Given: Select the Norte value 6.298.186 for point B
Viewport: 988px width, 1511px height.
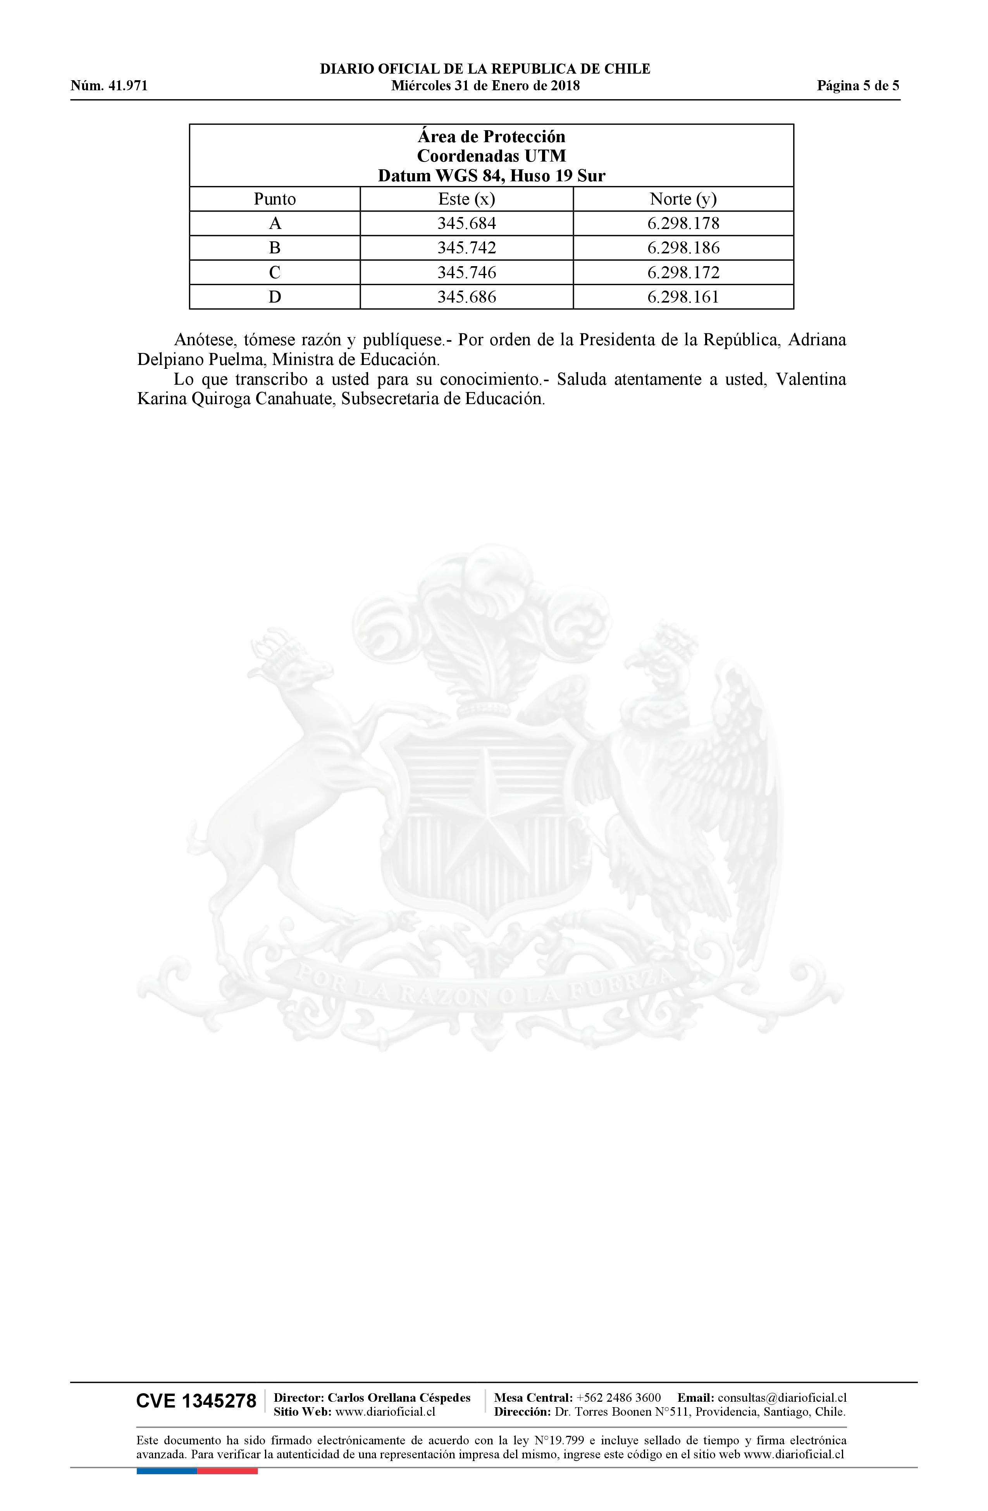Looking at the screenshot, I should point(683,248).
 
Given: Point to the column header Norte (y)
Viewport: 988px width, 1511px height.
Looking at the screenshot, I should point(683,200).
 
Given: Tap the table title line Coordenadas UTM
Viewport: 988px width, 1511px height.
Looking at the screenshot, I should point(491,156).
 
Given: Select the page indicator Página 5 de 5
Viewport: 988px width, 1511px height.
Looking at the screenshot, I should point(858,86).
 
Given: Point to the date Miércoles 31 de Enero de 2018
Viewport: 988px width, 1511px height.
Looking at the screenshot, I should point(485,86).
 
